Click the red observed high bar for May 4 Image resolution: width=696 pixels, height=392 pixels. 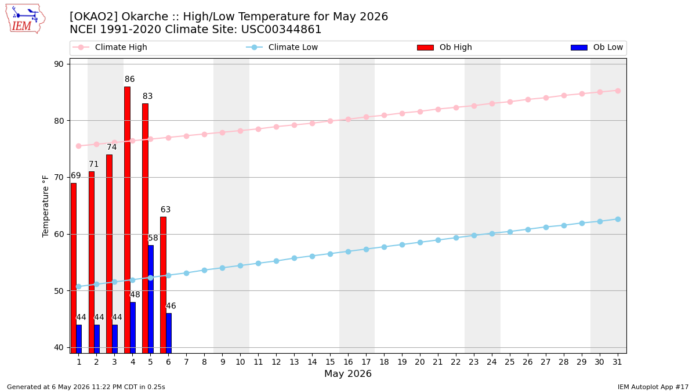point(127,220)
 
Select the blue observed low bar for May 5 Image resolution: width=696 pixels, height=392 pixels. point(151,299)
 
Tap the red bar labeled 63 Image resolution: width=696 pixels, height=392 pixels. point(163,285)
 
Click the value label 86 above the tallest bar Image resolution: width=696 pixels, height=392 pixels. point(129,79)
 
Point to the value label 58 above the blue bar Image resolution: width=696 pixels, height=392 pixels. point(153,238)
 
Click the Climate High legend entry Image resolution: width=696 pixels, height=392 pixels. point(110,47)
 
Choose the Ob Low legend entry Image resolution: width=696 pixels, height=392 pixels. point(597,47)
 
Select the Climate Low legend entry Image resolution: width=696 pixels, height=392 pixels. point(282,47)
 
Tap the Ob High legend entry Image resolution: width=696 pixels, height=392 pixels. point(444,47)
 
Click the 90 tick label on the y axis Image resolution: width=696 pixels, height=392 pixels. point(59,64)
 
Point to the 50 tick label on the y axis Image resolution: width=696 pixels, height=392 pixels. point(59,291)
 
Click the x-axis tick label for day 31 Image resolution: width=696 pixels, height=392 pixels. point(617,362)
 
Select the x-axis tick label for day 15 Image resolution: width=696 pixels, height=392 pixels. point(330,362)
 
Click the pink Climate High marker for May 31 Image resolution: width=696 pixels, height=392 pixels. point(618,91)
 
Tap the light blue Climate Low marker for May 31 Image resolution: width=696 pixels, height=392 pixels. point(618,220)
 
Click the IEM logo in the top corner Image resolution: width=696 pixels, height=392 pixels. point(26,19)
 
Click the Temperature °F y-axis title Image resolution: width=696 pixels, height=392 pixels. point(45,207)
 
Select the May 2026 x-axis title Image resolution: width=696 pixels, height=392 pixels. point(348,373)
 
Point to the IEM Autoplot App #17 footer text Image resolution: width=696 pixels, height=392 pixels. point(653,387)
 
